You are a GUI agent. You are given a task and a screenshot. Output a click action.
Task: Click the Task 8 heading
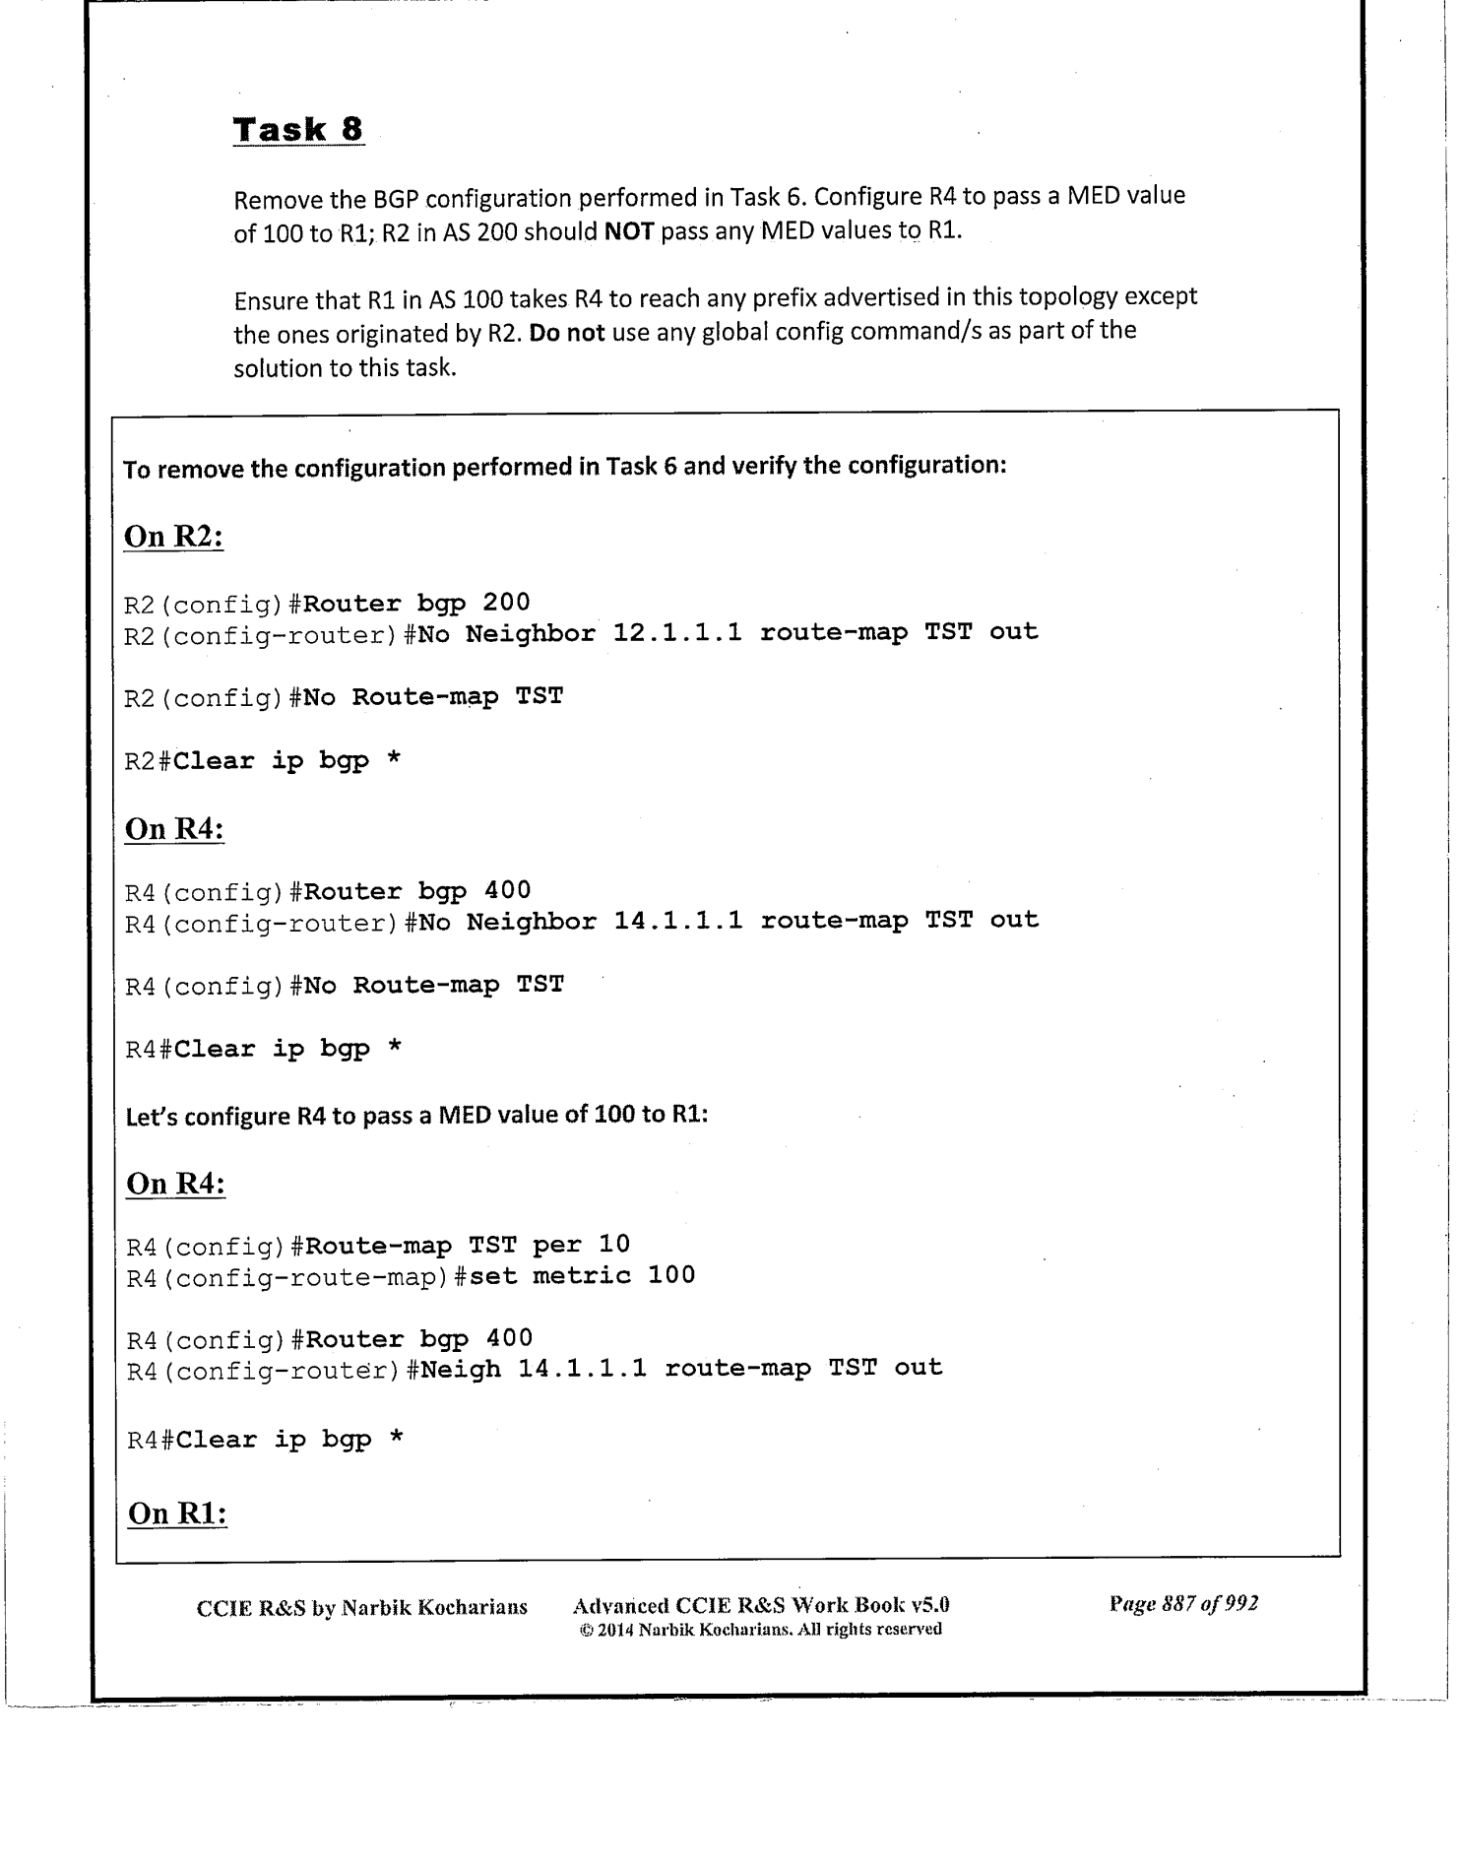click(x=298, y=130)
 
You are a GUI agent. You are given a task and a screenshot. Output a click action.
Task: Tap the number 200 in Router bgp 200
click(x=506, y=602)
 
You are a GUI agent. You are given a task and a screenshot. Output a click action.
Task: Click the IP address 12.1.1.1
click(x=677, y=632)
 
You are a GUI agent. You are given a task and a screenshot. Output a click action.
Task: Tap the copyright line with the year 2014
click(x=760, y=1630)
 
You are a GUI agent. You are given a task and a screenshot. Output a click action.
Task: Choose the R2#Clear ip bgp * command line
click(x=263, y=761)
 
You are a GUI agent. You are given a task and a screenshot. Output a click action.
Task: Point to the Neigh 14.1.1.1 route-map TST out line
click(x=681, y=1368)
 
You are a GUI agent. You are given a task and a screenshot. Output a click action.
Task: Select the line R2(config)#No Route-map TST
click(x=344, y=697)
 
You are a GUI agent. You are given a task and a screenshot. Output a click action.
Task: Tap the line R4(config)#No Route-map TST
click(x=345, y=986)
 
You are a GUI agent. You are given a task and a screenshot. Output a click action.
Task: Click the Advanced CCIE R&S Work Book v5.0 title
click(x=760, y=1606)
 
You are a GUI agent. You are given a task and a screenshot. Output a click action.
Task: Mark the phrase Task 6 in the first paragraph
click(x=768, y=196)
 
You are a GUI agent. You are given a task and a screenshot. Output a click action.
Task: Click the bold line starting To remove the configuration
click(x=564, y=466)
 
